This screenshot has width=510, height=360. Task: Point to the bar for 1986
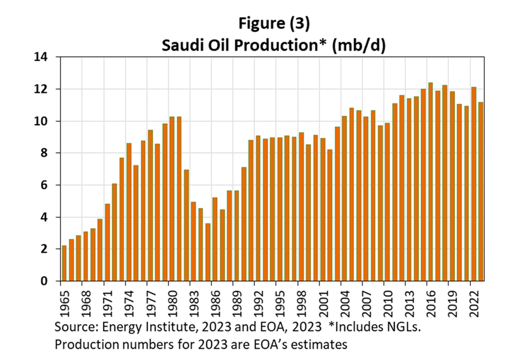click(215, 239)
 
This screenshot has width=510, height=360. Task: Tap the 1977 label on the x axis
click(150, 301)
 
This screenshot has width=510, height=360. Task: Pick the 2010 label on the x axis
click(387, 301)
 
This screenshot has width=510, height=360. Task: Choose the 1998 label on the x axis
click(300, 301)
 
